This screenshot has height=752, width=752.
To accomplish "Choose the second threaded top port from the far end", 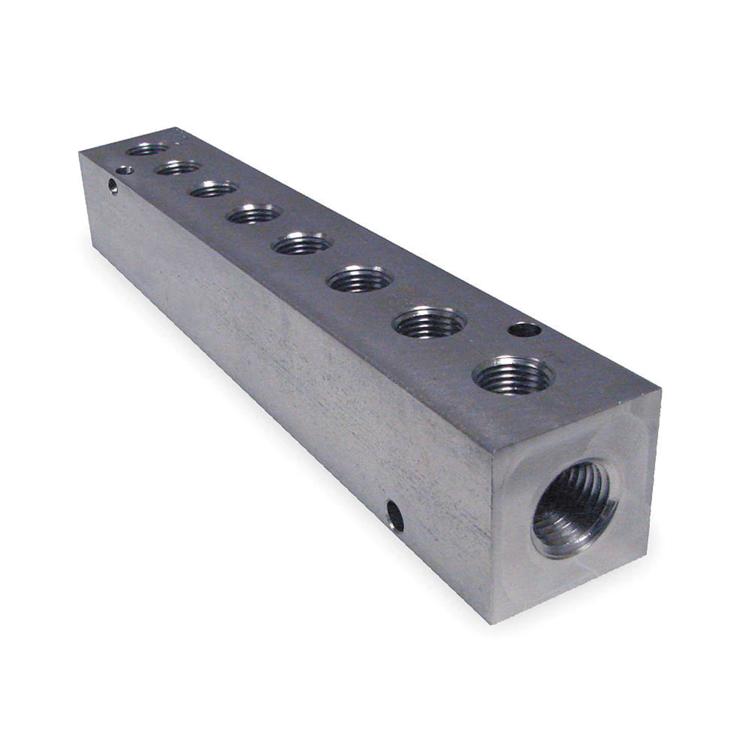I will pos(179,168).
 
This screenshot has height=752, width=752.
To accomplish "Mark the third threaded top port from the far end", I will pos(214,190).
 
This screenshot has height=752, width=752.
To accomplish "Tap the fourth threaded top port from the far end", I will pos(255,214).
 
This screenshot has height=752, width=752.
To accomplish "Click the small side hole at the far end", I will pos(113,186).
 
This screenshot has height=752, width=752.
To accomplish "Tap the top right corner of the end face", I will pos(661,389).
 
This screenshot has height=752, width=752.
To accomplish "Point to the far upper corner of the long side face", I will pos(79,153).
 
